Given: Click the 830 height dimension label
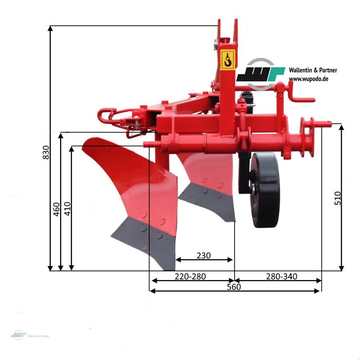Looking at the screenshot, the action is point(46,152).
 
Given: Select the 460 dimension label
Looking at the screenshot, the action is point(56,209).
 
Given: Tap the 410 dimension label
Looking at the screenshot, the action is point(67,209).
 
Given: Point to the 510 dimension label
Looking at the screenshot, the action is point(338,198).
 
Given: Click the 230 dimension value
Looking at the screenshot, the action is point(204,256).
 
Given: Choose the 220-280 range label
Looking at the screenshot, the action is point(190,276).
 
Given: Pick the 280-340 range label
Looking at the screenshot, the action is point(282,276).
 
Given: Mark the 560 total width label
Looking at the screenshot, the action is point(234,287).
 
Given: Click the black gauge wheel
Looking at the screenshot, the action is point(265,190).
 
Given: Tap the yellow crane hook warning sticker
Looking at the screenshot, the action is point(228,60).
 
